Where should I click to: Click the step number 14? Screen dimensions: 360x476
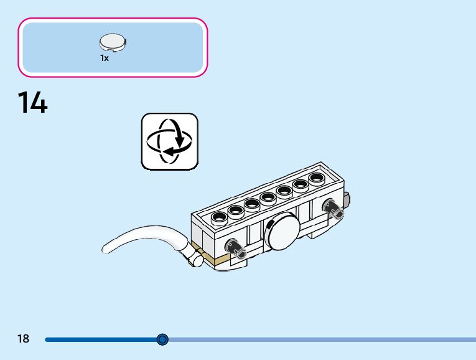point(32,103)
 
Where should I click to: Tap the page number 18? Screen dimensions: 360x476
point(23,339)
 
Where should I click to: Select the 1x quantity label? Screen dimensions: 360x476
point(104,58)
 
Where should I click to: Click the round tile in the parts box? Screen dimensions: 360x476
point(113,42)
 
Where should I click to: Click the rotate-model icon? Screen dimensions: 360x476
point(169,141)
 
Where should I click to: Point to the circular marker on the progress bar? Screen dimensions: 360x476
point(162,339)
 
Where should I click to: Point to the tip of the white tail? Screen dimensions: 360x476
point(105,250)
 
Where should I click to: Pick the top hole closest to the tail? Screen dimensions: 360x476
point(220,217)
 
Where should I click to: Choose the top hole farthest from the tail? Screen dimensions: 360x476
point(316,178)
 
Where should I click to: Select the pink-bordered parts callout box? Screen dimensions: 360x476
point(113,47)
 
